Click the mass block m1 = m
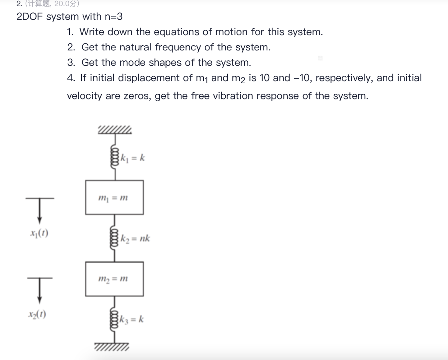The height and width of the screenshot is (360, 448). (x=114, y=197)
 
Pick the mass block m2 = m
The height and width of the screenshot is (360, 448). (x=114, y=279)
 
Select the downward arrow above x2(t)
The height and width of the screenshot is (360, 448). (x=40, y=289)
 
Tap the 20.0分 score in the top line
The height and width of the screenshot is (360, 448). (x=66, y=4)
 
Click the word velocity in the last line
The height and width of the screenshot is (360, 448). (x=84, y=96)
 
